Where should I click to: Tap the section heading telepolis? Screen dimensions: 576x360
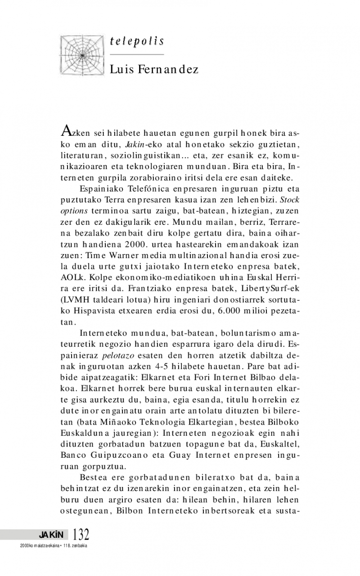pyautogui.click(x=136, y=42)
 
